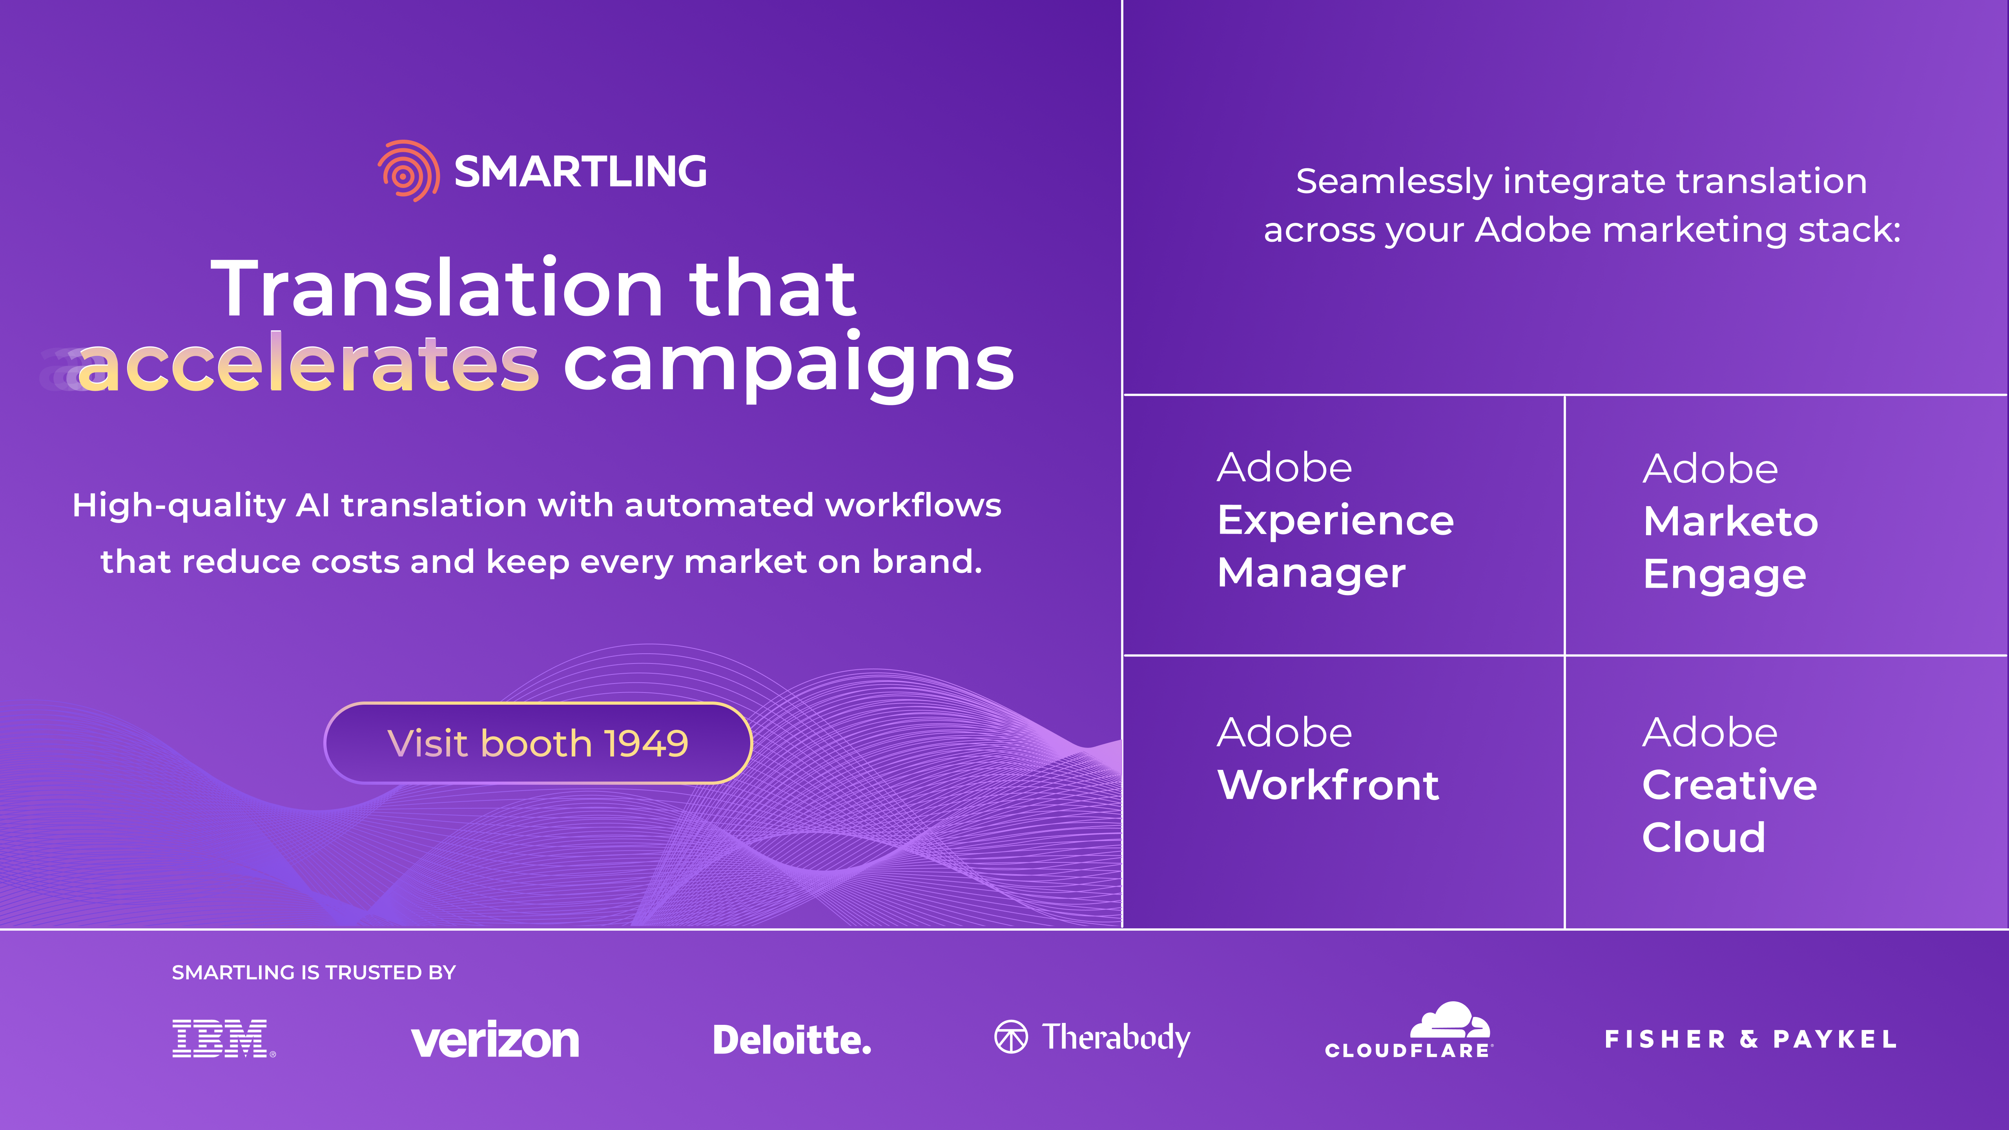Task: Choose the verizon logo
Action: click(x=495, y=1039)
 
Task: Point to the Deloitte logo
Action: click(x=791, y=1039)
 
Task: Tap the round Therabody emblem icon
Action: click(x=1012, y=1037)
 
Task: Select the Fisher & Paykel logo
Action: click(x=1751, y=1039)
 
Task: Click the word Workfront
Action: click(x=1328, y=785)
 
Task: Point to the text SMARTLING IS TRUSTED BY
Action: click(x=314, y=973)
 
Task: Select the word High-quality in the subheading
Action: click(x=179, y=506)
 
